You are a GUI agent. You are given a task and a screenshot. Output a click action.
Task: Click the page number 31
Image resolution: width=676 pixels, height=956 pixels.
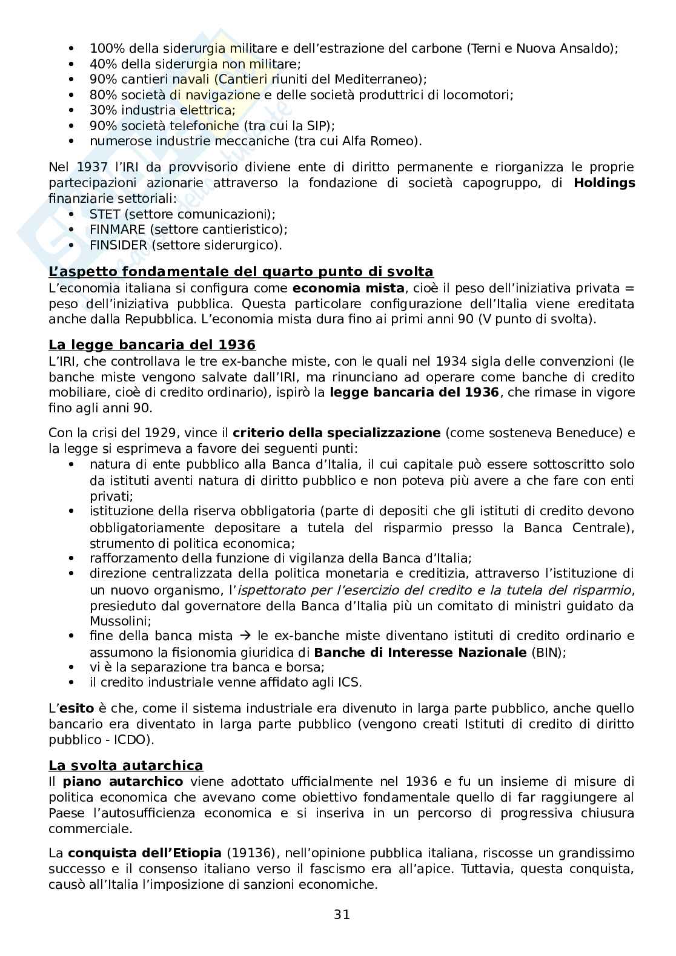click(342, 914)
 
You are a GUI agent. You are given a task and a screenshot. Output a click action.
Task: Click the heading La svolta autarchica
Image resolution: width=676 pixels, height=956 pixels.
click(125, 765)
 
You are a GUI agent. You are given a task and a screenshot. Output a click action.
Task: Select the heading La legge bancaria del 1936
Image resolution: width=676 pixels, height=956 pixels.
click(152, 345)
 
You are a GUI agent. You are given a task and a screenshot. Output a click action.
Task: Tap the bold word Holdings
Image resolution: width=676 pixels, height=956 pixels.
click(604, 183)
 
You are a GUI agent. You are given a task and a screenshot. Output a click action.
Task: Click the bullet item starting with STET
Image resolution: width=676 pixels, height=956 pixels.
click(182, 214)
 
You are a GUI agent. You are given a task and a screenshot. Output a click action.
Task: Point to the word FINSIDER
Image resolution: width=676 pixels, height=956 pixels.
click(118, 246)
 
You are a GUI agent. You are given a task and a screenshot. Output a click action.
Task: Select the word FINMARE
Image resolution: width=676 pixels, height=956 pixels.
click(118, 230)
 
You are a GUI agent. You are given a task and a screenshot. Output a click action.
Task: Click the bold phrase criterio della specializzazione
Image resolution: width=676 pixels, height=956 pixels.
click(336, 433)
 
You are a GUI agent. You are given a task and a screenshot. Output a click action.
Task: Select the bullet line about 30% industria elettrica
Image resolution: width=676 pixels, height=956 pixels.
click(162, 110)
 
